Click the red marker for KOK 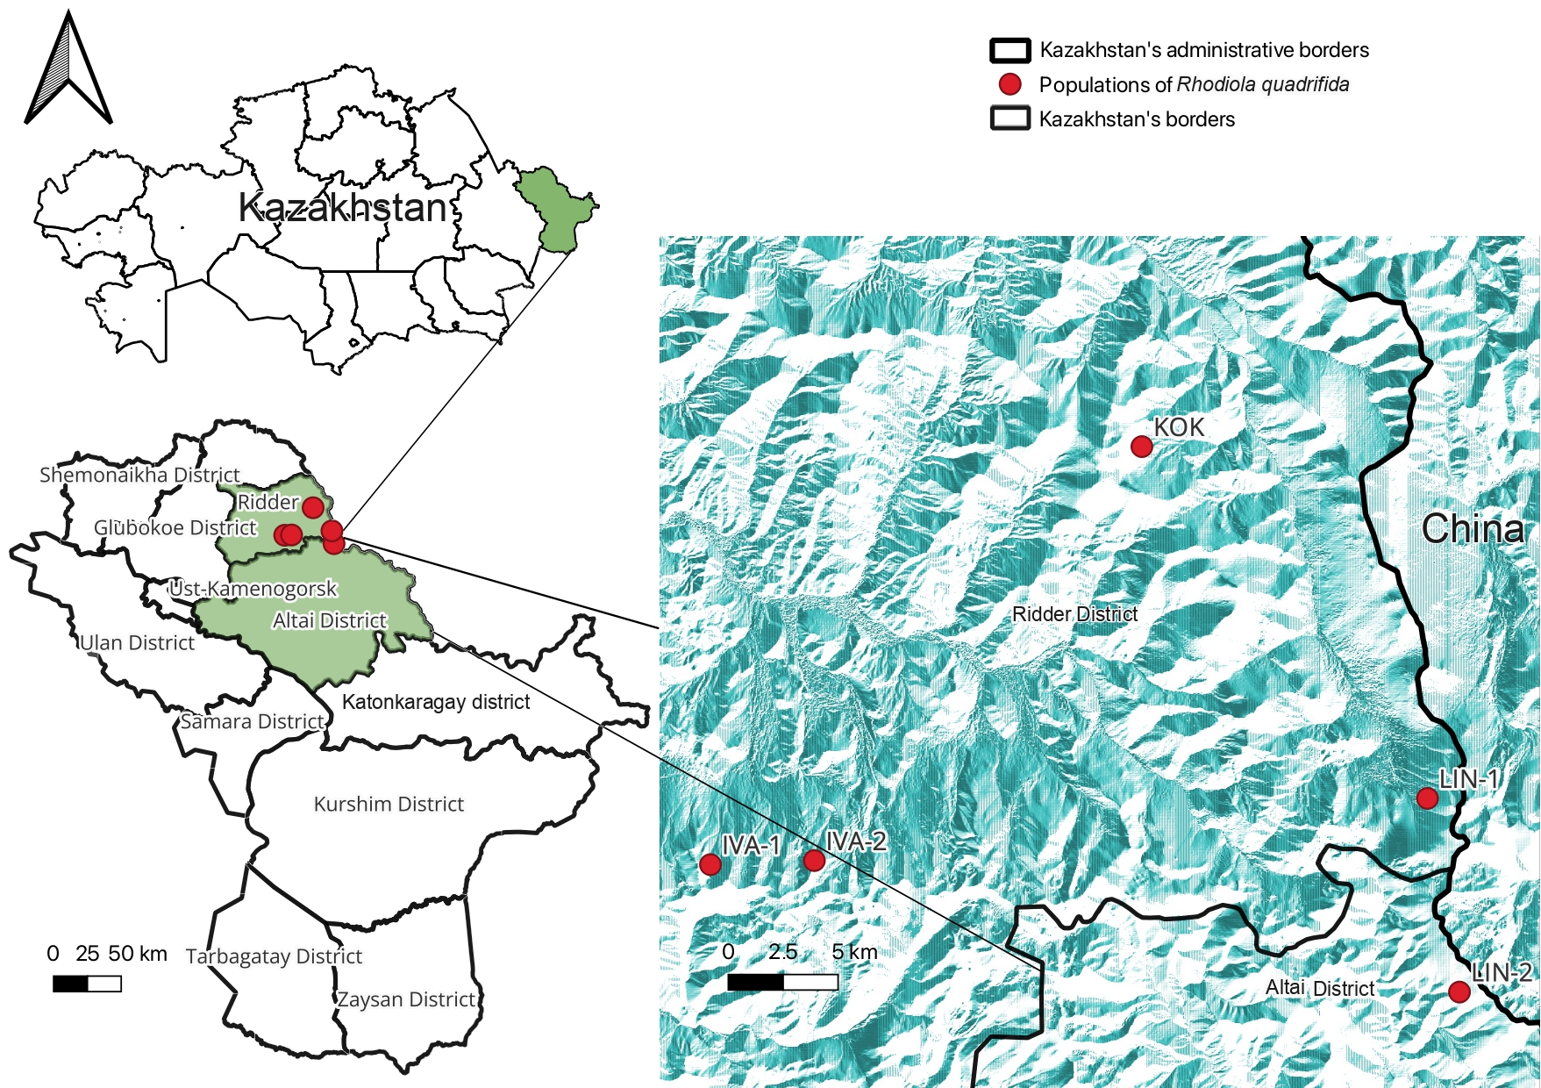[x=1141, y=447]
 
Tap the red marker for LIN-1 [x=1427, y=798]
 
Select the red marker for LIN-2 [x=1459, y=991]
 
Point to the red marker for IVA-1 [x=710, y=864]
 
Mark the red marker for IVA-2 [x=814, y=860]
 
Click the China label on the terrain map [x=1473, y=529]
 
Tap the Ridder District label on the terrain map [x=1074, y=614]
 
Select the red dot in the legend [x=1010, y=84]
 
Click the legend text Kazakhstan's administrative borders [x=1203, y=50]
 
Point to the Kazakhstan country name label [x=343, y=208]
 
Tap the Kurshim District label [x=389, y=804]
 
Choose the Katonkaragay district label [x=436, y=702]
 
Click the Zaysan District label [x=406, y=999]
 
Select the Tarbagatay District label [x=274, y=956]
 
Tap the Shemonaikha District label [x=139, y=475]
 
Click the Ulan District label [x=137, y=643]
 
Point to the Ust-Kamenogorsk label [x=253, y=588]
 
